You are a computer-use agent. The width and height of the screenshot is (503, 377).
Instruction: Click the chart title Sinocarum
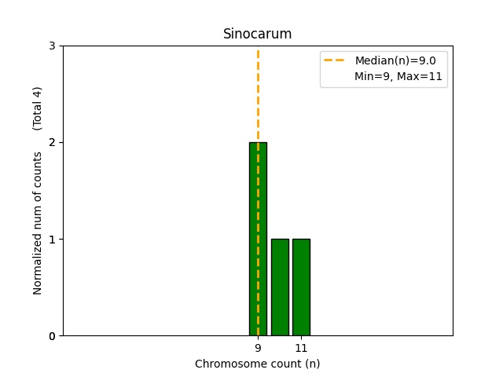[257, 34]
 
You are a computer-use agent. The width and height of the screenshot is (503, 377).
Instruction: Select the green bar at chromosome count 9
[258, 239]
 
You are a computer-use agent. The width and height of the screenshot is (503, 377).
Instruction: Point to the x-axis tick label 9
[258, 347]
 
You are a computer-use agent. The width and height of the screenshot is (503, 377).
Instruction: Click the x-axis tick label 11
[301, 347]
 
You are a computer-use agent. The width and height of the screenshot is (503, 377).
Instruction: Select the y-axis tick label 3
[52, 46]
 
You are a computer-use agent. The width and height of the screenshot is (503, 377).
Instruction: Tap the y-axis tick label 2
[52, 142]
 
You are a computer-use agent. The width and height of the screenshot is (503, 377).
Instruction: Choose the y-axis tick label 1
[52, 239]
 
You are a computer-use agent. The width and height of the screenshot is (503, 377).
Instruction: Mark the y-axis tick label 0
[52, 335]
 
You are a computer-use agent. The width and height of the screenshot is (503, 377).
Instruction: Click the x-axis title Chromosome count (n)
[257, 364]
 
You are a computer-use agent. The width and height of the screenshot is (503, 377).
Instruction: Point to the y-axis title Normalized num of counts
[38, 223]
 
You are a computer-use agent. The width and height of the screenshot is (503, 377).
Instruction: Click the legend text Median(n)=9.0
[395, 60]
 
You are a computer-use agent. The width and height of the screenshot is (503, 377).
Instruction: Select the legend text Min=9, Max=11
[398, 76]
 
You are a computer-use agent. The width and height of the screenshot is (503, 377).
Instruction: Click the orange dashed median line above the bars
[258, 94]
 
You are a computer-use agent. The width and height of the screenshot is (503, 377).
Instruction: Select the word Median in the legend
[373, 60]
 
